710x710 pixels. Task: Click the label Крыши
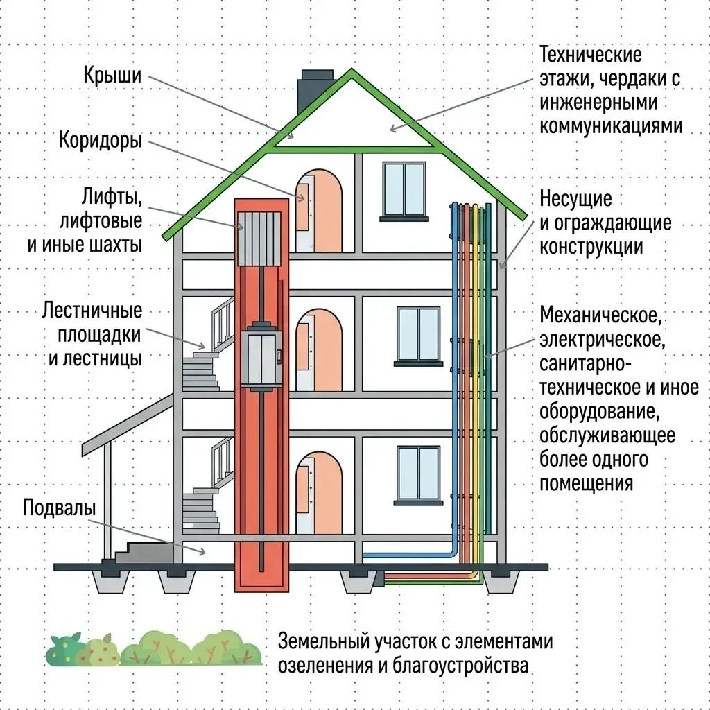tap(112, 75)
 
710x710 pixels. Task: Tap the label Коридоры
tap(101, 140)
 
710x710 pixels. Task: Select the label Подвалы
tap(60, 508)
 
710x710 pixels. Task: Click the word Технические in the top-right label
tap(591, 55)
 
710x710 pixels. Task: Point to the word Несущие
tap(575, 199)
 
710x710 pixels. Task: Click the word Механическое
tap(600, 315)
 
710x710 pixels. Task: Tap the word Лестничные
tap(92, 311)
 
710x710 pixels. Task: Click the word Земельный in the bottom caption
tap(324, 641)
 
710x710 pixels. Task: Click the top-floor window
tap(404, 191)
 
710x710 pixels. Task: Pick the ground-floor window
tap(418, 475)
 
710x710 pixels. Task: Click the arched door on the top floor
tap(319, 211)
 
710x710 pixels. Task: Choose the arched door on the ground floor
tap(319, 492)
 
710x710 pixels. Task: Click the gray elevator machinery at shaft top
tap(259, 239)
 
